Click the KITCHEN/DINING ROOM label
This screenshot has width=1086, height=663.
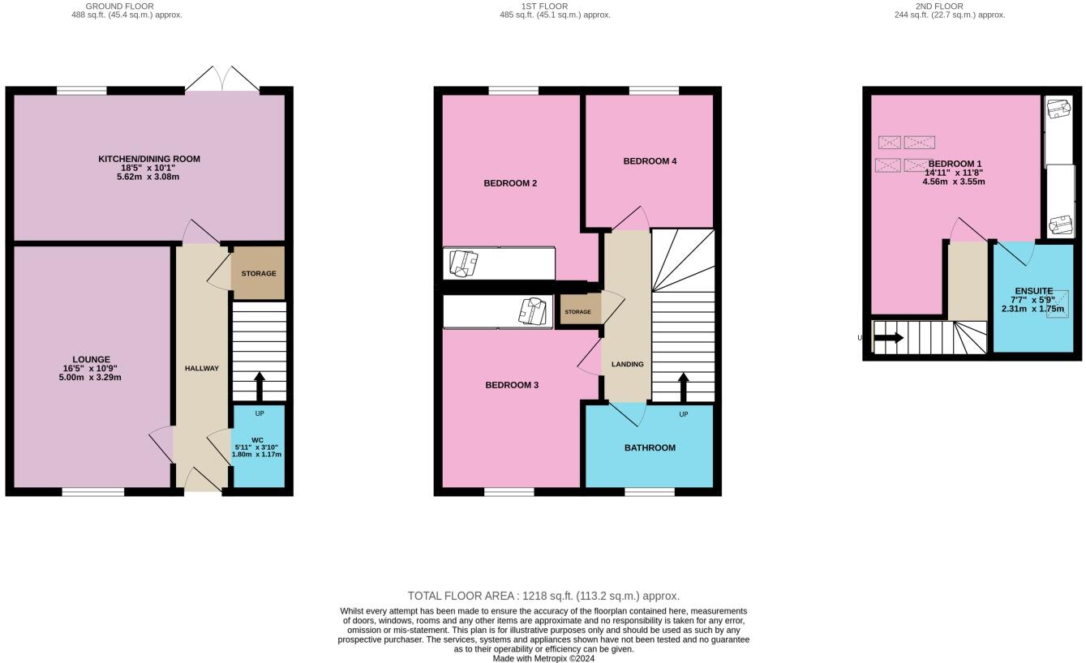pos(149,159)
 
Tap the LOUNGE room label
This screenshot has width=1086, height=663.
pos(91,360)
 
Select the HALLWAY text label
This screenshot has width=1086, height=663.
pos(201,369)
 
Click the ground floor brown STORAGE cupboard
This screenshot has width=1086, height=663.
pos(258,274)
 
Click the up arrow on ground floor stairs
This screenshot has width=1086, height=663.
pos(259,387)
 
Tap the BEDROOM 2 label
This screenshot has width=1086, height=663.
pos(510,183)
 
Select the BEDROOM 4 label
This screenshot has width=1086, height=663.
pos(650,161)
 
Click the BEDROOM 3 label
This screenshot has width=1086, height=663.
pos(512,385)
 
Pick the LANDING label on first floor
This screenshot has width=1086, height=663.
pos(627,365)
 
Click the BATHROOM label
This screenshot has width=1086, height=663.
pos(650,447)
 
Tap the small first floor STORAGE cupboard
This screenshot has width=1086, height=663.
pos(577,312)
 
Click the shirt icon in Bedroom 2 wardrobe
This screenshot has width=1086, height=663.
pos(463,263)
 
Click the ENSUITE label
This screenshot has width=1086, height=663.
pos(1033,291)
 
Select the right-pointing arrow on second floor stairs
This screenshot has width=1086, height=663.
pos(889,338)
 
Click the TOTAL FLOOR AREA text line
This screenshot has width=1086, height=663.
pos(543,596)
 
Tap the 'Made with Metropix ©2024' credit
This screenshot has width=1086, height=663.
pos(543,659)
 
